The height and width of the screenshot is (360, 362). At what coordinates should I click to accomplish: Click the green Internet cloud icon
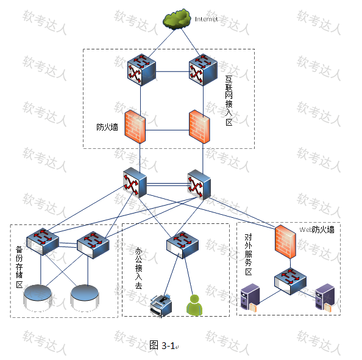177,19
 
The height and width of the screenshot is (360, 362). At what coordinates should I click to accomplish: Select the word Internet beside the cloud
206,19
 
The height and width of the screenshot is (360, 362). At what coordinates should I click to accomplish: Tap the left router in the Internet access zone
141,70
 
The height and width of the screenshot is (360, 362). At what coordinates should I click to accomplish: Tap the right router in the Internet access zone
203,70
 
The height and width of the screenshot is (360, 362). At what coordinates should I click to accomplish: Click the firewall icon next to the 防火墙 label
135,127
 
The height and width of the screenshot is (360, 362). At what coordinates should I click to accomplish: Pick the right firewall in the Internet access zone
199,127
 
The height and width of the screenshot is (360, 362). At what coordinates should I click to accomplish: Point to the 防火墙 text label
107,127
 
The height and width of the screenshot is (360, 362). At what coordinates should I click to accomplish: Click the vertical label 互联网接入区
229,100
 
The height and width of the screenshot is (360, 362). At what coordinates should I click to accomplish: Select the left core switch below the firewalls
135,182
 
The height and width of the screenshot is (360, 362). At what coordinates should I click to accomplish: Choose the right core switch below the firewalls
199,184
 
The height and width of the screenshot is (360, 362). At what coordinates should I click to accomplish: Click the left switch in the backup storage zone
43,242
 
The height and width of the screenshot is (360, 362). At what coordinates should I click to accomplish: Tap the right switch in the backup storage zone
93,245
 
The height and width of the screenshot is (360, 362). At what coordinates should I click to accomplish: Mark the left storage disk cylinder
37,298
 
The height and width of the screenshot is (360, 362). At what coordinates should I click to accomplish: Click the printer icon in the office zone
161,306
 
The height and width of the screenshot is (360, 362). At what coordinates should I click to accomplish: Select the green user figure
194,305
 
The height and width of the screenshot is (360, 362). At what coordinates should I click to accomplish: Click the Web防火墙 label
317,229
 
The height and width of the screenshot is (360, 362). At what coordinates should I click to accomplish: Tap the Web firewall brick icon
285,242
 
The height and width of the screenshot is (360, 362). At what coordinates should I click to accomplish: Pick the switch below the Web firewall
291,281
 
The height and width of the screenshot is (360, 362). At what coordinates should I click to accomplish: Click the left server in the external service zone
250,298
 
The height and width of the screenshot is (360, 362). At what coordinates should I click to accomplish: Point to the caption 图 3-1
162,345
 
